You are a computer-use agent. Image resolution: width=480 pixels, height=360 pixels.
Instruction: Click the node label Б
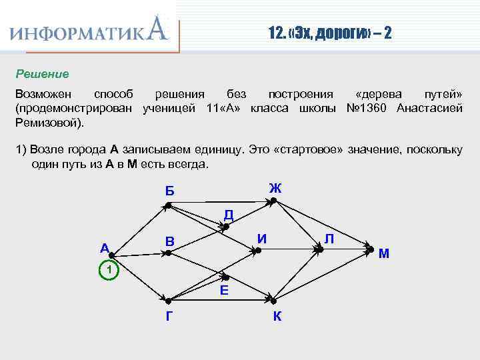pyautogui.click(x=170, y=191)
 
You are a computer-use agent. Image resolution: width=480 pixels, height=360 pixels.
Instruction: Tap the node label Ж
pyautogui.click(x=275, y=188)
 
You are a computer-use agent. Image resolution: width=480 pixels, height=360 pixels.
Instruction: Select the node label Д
pyautogui.click(x=228, y=215)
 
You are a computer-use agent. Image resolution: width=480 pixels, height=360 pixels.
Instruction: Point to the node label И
pyautogui.click(x=263, y=237)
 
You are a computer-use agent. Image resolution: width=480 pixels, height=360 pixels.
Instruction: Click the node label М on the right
pyautogui.click(x=384, y=253)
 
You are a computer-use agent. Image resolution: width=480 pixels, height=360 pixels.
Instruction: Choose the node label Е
pyautogui.click(x=224, y=289)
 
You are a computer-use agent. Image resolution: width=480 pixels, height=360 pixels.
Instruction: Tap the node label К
pyautogui.click(x=277, y=316)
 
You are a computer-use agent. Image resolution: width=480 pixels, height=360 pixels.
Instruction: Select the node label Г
pyautogui.click(x=170, y=316)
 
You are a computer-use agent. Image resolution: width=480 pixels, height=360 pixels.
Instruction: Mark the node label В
pyautogui.click(x=170, y=241)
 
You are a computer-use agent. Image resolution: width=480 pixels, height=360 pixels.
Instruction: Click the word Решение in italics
pyautogui.click(x=43, y=73)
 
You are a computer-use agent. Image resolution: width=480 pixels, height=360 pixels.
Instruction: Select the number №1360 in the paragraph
pyautogui.click(x=369, y=108)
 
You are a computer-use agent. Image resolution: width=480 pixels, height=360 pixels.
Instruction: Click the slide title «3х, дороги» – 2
pyautogui.click(x=325, y=32)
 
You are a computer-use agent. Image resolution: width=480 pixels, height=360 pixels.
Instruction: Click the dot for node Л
pyautogui.click(x=320, y=249)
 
